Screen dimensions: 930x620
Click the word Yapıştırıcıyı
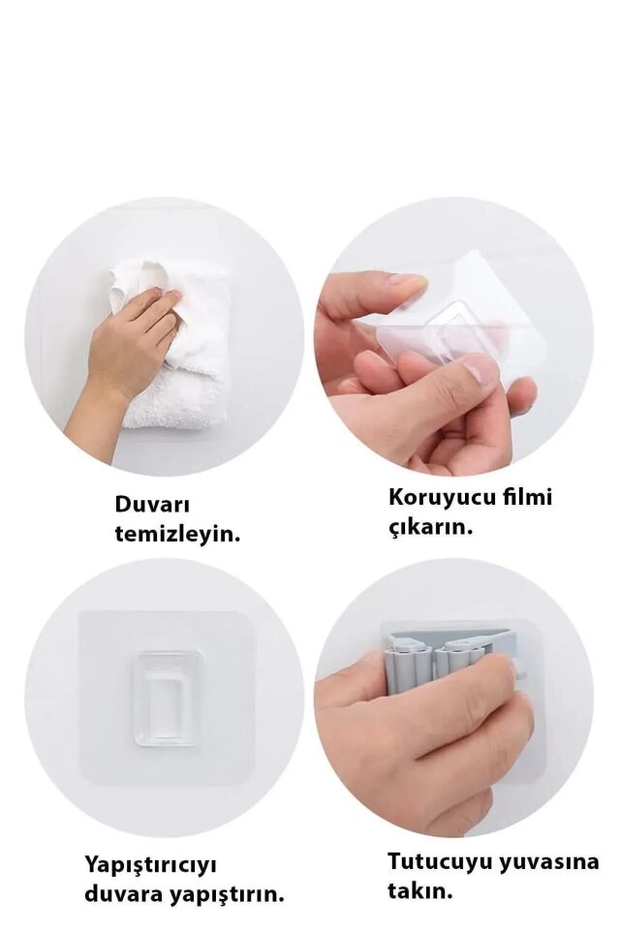(x=152, y=863)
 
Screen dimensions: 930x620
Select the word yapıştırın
(x=228, y=894)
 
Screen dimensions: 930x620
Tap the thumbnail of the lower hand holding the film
(x=480, y=371)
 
